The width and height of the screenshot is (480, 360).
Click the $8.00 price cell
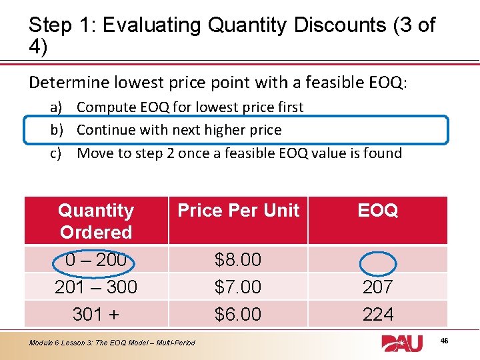pos(238,259)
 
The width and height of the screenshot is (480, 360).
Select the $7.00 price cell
pos(238,287)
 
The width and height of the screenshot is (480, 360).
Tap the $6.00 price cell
pos(238,314)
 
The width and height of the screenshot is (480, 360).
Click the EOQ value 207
pos(377,287)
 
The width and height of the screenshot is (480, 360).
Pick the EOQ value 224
pos(377,314)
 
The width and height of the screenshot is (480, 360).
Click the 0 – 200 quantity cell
pos(96,259)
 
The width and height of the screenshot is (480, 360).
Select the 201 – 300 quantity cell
pos(96,287)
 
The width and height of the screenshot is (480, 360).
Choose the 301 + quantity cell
pos(96,314)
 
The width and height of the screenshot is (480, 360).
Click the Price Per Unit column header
pos(238,211)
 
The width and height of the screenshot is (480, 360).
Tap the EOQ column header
pos(377,211)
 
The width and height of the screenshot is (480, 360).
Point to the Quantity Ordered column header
pos(96,221)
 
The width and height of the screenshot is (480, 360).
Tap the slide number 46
pos(463,341)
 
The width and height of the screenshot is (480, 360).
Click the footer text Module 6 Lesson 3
pos(112,343)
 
